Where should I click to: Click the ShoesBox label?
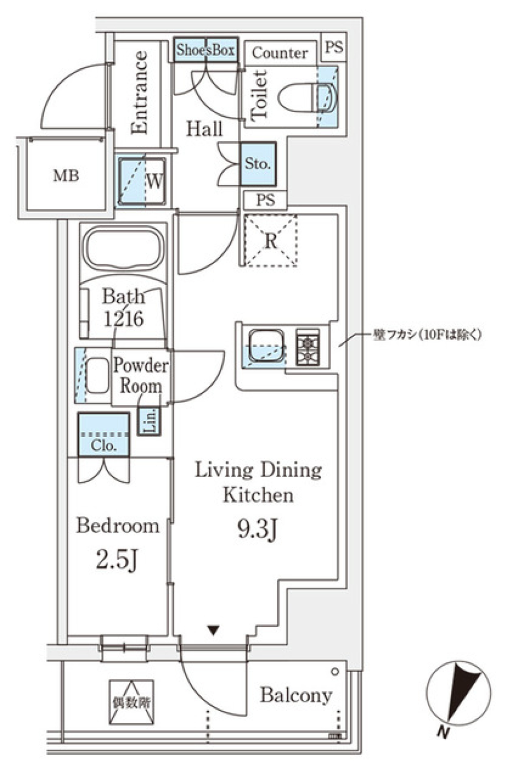pyautogui.click(x=205, y=50)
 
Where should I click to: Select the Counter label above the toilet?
pyautogui.click(x=279, y=53)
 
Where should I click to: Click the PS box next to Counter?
pyautogui.click(x=334, y=47)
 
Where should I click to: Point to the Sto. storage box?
pyautogui.click(x=258, y=164)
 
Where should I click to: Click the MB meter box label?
pyautogui.click(x=66, y=175)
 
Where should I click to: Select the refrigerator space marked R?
pyautogui.click(x=270, y=241)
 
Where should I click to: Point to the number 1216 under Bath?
pyautogui.click(x=123, y=319)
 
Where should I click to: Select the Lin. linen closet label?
pyautogui.click(x=150, y=421)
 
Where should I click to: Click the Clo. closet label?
pyautogui.click(x=104, y=446)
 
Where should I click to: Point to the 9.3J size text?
pyautogui.click(x=257, y=529)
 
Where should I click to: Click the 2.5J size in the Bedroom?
pyautogui.click(x=117, y=560)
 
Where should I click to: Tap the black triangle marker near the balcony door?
pyautogui.click(x=213, y=630)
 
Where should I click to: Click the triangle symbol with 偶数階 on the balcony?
pyautogui.click(x=132, y=702)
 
